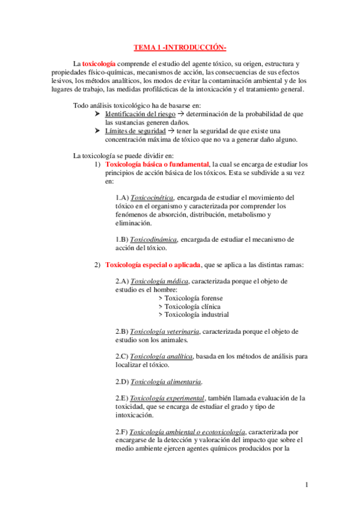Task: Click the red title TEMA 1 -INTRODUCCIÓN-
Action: point(180,48)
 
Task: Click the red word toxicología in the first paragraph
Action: point(99,63)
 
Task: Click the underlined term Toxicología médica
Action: point(159,281)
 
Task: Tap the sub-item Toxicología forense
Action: point(190,298)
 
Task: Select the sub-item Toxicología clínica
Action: point(189,306)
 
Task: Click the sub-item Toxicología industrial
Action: point(193,314)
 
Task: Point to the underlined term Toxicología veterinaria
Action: point(165,331)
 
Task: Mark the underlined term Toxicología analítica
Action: point(161,356)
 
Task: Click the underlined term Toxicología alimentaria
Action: point(165,381)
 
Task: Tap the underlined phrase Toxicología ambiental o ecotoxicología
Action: point(187,431)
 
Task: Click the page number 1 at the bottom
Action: point(307,485)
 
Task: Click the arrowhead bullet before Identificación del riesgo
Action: point(99,114)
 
